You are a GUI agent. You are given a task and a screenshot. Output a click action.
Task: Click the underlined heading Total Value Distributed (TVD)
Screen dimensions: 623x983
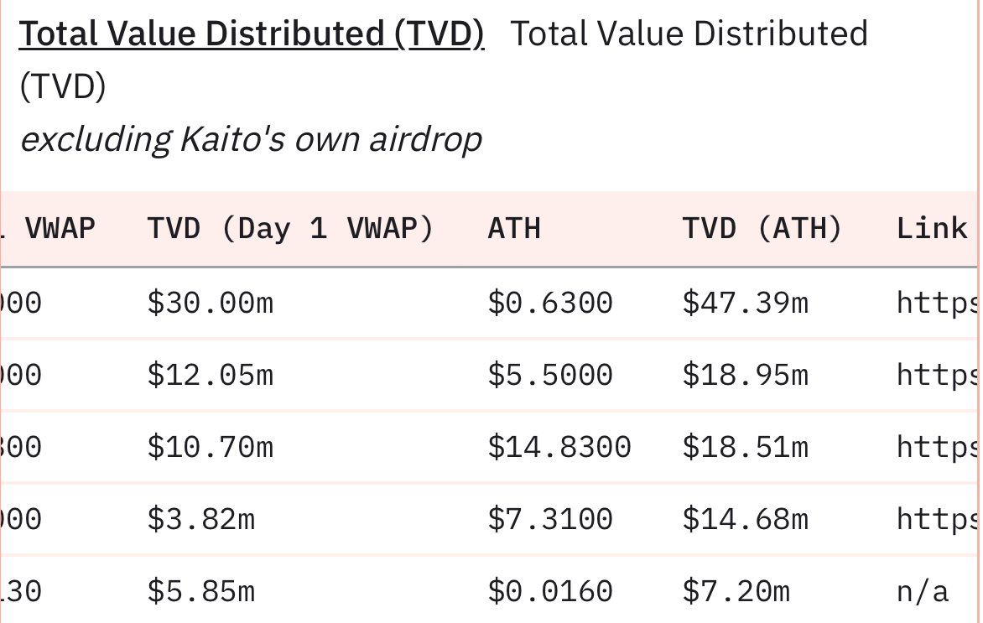[x=252, y=35]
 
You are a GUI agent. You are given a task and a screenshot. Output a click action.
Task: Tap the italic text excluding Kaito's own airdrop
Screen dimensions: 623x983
[x=251, y=139]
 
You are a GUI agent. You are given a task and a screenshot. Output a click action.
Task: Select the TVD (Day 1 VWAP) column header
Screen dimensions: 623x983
[x=290, y=229]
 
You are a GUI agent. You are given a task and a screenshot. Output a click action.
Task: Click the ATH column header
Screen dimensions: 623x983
[x=513, y=229]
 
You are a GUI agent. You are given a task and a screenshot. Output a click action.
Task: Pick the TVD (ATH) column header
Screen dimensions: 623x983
[x=762, y=229]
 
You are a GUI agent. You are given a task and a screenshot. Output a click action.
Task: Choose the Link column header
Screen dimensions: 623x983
[x=931, y=229]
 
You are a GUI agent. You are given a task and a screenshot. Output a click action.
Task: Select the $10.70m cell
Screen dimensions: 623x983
[x=210, y=448]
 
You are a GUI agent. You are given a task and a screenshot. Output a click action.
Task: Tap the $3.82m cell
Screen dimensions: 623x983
[x=200, y=520]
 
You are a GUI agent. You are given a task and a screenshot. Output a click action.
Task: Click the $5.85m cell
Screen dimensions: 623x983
[x=200, y=592]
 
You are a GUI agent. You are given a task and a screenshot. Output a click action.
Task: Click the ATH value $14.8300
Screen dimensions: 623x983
[x=559, y=448]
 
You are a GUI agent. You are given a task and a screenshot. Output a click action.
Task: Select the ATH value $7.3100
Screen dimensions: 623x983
[x=550, y=520]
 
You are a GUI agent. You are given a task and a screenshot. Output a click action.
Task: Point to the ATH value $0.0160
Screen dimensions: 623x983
[x=550, y=592]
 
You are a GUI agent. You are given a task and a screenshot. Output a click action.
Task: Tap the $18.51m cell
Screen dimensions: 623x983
[x=745, y=448]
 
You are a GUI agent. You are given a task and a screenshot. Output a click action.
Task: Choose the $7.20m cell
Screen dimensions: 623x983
[x=736, y=592]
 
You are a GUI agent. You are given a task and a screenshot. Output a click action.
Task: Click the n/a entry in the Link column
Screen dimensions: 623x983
[x=923, y=592]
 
